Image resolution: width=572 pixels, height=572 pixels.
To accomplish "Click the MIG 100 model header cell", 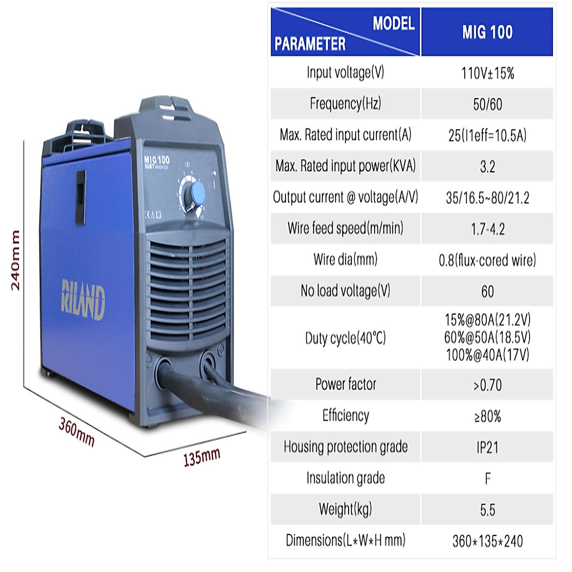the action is tap(487, 32).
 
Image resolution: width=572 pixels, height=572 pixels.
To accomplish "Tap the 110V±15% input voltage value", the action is tap(487, 73).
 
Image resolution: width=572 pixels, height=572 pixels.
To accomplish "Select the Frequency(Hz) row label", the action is tap(345, 103).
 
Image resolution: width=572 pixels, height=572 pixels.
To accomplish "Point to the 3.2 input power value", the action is tap(487, 167).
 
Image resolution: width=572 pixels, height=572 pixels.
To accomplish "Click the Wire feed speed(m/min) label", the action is tap(345, 228).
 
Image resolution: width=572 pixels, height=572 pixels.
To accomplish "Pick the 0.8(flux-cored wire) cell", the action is tap(487, 260).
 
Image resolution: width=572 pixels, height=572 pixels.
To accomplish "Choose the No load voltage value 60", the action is tap(487, 291).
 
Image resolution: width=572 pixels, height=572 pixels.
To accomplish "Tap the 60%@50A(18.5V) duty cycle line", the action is tap(487, 337).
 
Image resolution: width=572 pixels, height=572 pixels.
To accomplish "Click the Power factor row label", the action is tap(345, 384).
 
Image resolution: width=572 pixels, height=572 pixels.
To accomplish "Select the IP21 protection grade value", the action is tap(487, 448).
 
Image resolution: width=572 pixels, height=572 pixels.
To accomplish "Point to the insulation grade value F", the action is tap(487, 479).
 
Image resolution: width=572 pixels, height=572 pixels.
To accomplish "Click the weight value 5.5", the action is tap(487, 510).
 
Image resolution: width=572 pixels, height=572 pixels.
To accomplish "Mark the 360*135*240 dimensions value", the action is tap(487, 541).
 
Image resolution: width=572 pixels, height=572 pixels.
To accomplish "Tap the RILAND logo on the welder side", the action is tap(83, 300).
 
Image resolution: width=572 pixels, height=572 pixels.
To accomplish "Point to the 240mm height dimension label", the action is tap(16, 260).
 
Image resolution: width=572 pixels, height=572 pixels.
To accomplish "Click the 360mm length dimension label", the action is tap(76, 432).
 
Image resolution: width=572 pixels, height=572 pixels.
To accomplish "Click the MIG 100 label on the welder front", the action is tap(157, 160).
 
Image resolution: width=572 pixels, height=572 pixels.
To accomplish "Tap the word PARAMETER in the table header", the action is tap(310, 44).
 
